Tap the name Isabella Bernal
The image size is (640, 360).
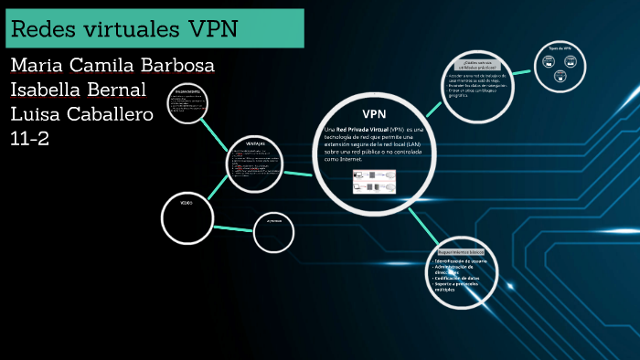click(x=78, y=90)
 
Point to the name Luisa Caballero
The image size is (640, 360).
click(x=81, y=114)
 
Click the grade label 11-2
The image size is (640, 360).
click(x=30, y=138)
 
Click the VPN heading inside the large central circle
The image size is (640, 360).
click(x=375, y=113)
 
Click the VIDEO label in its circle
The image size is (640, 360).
click(x=186, y=203)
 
